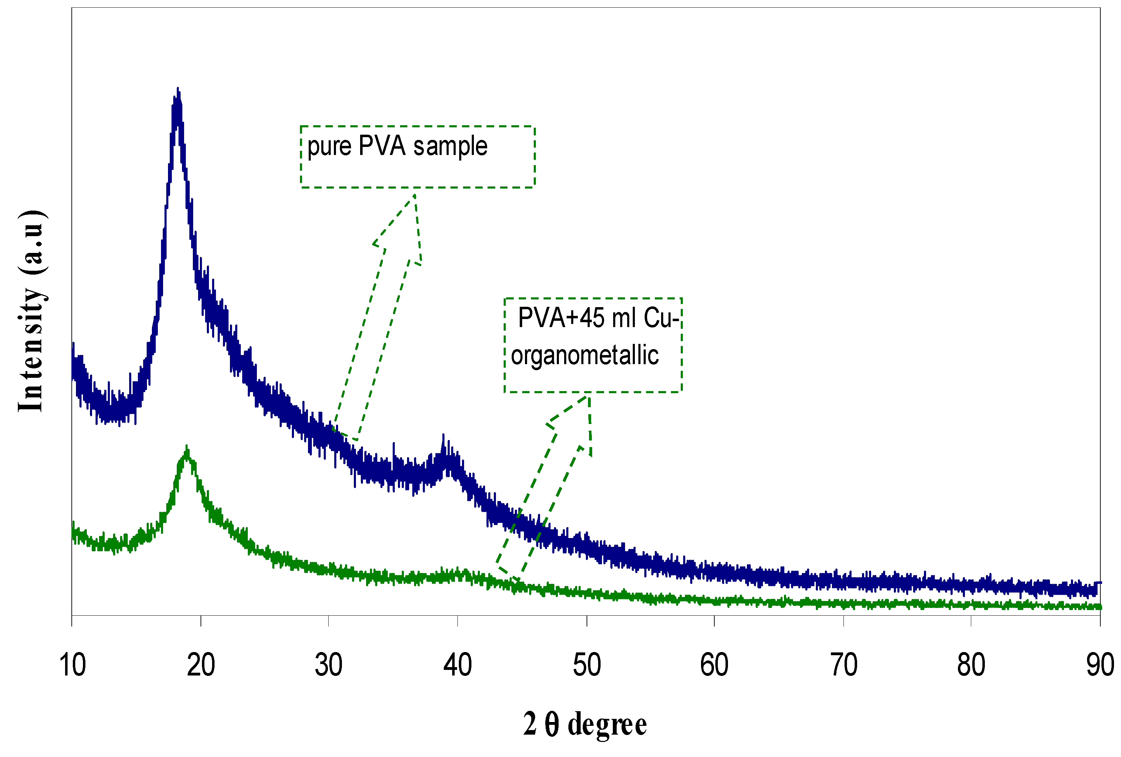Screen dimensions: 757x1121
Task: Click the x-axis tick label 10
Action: (72, 665)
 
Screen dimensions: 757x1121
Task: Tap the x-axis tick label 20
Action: (201, 665)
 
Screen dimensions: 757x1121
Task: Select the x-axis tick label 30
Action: (329, 665)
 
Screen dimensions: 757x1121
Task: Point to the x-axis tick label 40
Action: (457, 665)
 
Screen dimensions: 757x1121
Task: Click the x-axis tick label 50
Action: (587, 665)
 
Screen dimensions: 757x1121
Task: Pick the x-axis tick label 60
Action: (714, 665)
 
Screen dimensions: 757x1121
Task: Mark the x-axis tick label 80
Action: (971, 665)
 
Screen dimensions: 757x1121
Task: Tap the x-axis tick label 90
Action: (1100, 665)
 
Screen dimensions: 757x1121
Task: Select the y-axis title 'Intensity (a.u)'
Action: (31, 311)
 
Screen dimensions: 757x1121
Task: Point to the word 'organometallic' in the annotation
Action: (584, 356)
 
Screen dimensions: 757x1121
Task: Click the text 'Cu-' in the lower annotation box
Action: (661, 318)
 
